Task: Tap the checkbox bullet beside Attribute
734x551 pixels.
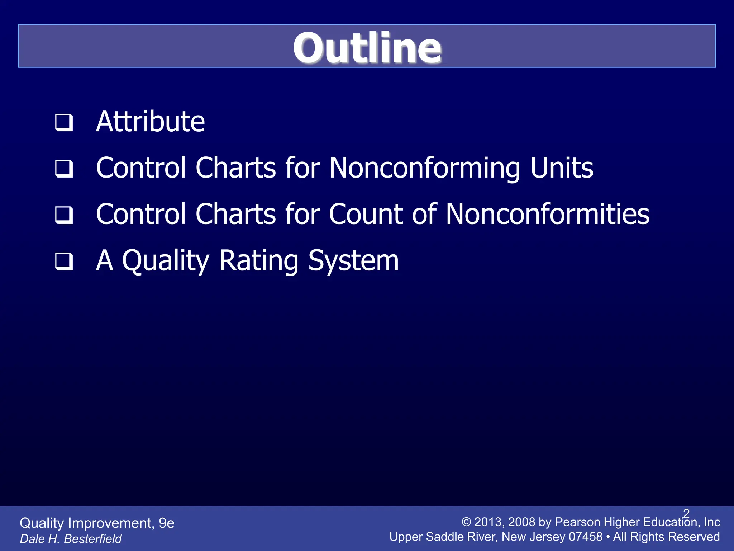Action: [64, 122]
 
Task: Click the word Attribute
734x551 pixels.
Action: [150, 122]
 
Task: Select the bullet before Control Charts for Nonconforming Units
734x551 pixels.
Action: [64, 169]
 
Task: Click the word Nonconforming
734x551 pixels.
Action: [425, 168]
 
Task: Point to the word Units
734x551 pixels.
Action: [562, 168]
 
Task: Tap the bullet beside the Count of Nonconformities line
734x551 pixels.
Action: [64, 215]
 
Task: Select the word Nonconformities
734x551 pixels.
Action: [547, 214]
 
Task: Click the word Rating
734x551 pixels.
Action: [258, 261]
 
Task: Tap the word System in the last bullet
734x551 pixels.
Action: [353, 261]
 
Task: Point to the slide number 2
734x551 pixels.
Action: [686, 513]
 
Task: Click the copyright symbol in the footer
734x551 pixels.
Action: [466, 522]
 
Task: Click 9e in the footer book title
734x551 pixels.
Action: [166, 523]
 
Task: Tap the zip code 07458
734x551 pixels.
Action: [586, 537]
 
